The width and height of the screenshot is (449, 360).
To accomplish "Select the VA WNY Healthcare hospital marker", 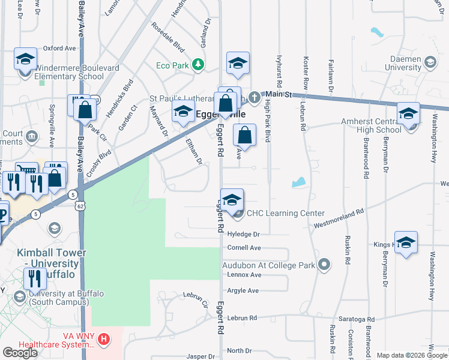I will pyautogui.click(x=104, y=340).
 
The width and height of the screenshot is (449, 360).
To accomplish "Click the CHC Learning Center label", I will pyautogui.click(x=286, y=213).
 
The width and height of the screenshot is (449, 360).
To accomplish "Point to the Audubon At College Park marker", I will pyautogui.click(x=325, y=264).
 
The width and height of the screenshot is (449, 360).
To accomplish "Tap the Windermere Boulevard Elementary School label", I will pyautogui.click(x=68, y=72).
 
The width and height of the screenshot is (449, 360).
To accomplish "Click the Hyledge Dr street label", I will pyautogui.click(x=243, y=234).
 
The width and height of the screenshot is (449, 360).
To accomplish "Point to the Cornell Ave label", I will pyautogui.click(x=244, y=247).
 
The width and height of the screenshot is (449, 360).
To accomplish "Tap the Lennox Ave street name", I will pyautogui.click(x=244, y=274).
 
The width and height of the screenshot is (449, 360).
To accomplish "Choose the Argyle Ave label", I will pyautogui.click(x=243, y=290).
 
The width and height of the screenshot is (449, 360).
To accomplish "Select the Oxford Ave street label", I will pyautogui.click(x=59, y=48).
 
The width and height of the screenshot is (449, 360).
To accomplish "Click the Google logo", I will pyautogui.click(x=20, y=353).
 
